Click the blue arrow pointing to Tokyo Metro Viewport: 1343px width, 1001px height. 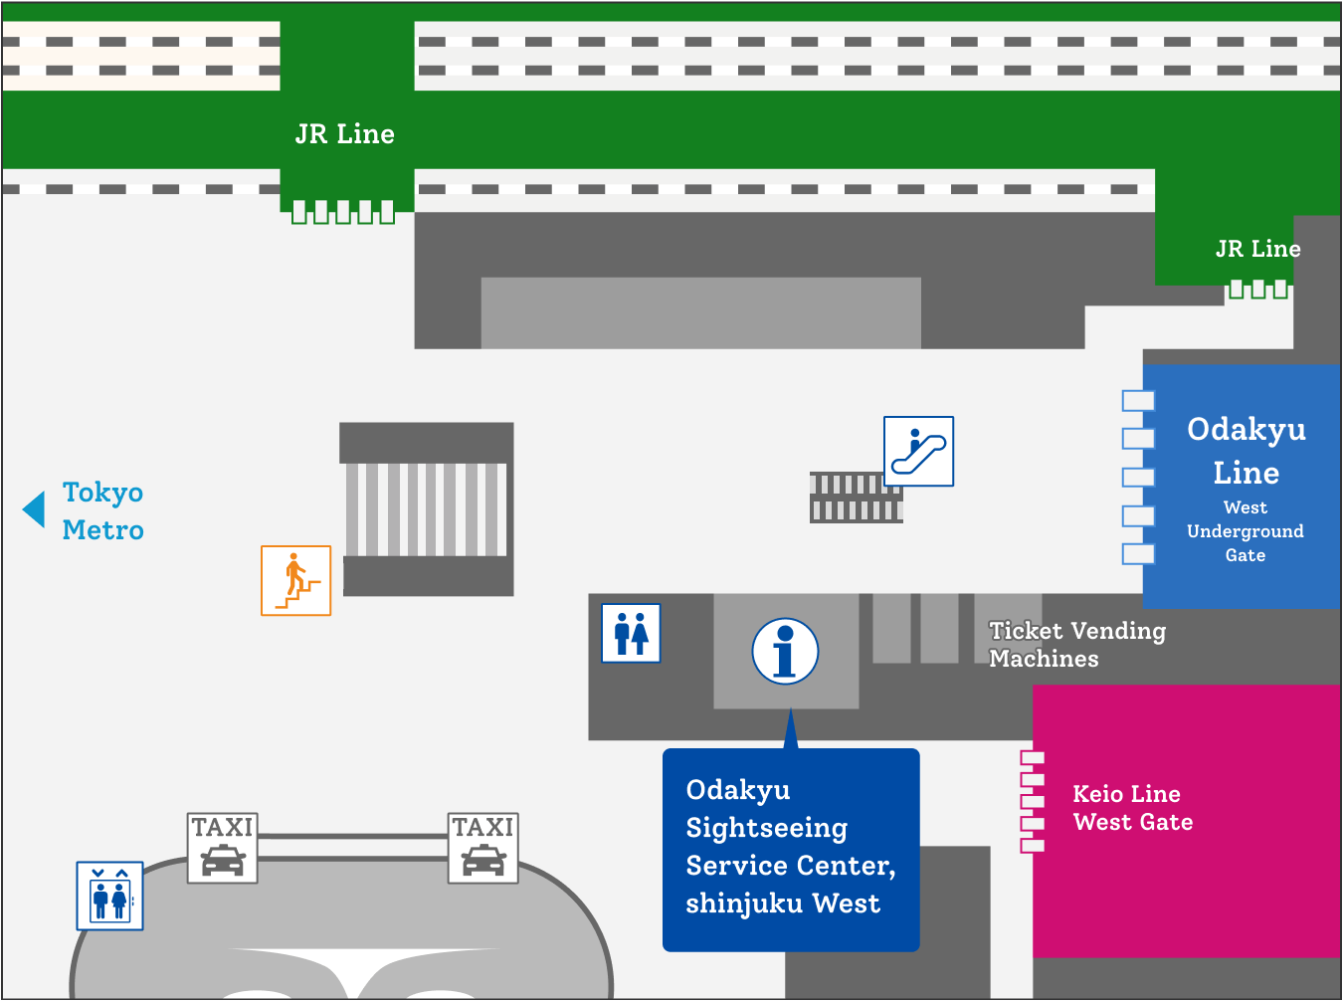[x=35, y=508]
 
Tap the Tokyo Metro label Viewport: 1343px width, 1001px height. [x=102, y=510]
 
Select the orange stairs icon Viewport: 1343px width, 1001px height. [x=295, y=580]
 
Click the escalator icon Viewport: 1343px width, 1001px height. [x=918, y=451]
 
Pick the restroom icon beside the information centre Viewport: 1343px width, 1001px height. [x=631, y=633]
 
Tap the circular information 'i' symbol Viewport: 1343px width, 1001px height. [x=785, y=652]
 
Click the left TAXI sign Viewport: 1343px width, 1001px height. [x=223, y=848]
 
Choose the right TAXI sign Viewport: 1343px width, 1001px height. [x=483, y=848]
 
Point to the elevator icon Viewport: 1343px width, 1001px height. [x=109, y=896]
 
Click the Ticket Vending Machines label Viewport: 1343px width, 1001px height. [x=1076, y=644]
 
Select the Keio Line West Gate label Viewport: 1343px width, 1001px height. [x=1132, y=807]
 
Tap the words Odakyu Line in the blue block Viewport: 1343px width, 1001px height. [x=1246, y=450]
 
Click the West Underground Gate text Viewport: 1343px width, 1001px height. [x=1245, y=531]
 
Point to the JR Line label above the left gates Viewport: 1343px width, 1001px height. [x=344, y=134]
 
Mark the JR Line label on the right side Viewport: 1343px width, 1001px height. [x=1257, y=249]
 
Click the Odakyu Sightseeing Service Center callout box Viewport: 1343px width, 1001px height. [x=791, y=849]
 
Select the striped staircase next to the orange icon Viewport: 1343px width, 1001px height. [x=427, y=508]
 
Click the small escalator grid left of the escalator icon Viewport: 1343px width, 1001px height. [x=856, y=498]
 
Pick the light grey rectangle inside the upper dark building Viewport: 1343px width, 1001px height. [x=700, y=312]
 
